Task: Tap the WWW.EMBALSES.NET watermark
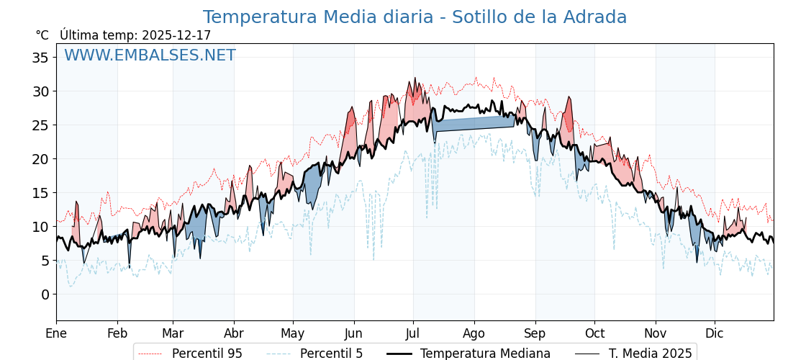[x=150, y=55]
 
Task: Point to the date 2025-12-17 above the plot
[x=176, y=35]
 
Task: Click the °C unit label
[x=42, y=35]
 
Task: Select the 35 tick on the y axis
[x=41, y=58]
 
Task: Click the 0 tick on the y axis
[x=45, y=294]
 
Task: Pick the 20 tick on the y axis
[x=41, y=159]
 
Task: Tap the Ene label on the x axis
[x=56, y=333]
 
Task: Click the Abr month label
[x=234, y=333]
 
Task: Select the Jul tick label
[x=413, y=333]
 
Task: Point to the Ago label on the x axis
[x=474, y=333]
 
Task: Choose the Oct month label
[x=594, y=333]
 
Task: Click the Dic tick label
[x=715, y=333]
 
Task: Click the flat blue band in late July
[x=475, y=123]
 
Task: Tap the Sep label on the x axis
[x=535, y=333]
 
